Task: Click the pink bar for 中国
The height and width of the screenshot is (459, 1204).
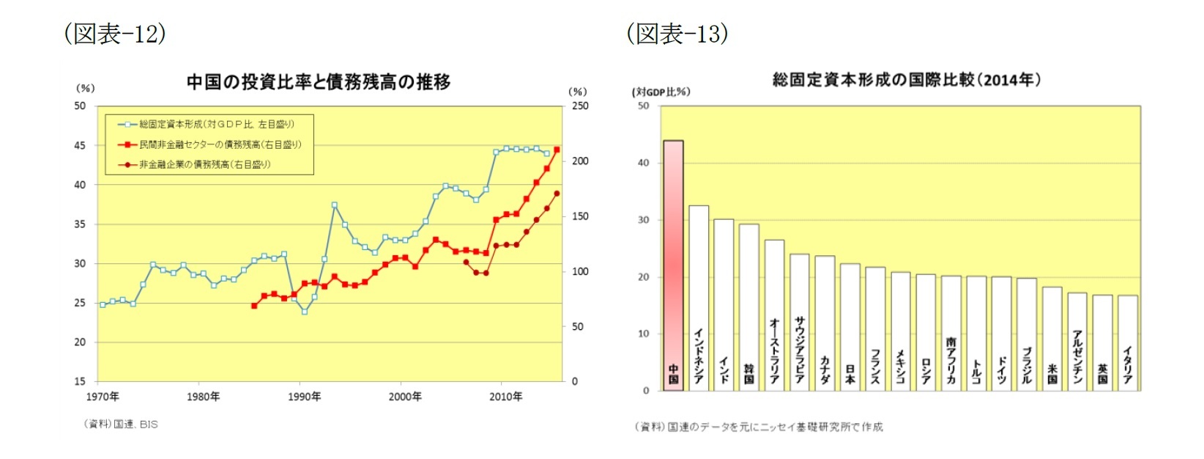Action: tap(673, 265)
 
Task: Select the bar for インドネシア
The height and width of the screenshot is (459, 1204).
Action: tap(699, 298)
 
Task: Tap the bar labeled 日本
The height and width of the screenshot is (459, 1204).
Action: tap(850, 327)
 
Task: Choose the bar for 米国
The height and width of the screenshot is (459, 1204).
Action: tap(1052, 338)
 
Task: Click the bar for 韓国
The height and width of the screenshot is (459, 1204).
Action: tap(749, 307)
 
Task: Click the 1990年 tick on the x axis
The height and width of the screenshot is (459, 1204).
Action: tap(304, 397)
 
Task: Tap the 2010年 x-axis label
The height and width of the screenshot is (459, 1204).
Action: tap(505, 397)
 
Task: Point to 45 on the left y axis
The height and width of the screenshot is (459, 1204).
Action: tap(80, 145)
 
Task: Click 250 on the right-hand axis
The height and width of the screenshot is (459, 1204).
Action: tap(579, 106)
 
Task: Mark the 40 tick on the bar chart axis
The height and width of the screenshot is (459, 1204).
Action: tap(643, 163)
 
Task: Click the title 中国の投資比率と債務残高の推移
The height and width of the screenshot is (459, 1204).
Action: tap(318, 82)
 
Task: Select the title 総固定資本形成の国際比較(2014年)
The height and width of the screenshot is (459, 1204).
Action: tap(906, 80)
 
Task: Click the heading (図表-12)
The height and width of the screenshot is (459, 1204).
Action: tap(115, 34)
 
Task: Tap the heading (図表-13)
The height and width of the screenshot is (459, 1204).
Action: tap(677, 34)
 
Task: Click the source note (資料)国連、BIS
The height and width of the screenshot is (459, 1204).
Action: tap(121, 424)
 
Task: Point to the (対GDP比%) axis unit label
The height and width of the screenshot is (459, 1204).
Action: tap(661, 92)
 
